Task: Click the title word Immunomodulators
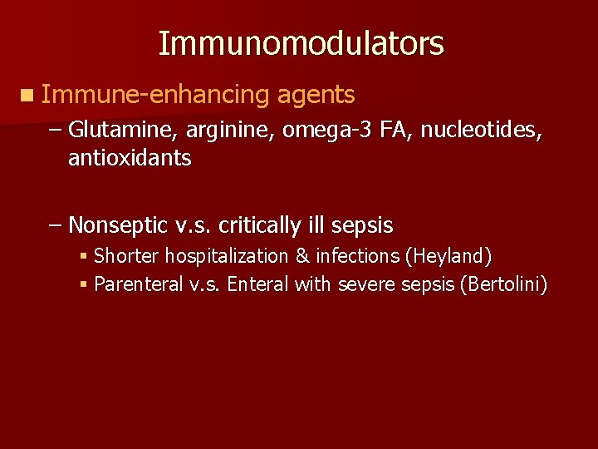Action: point(301,43)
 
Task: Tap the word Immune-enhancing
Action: point(155,96)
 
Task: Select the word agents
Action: point(316,96)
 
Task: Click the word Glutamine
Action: point(123,131)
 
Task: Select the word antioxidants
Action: point(130,158)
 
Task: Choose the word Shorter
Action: point(129,255)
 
